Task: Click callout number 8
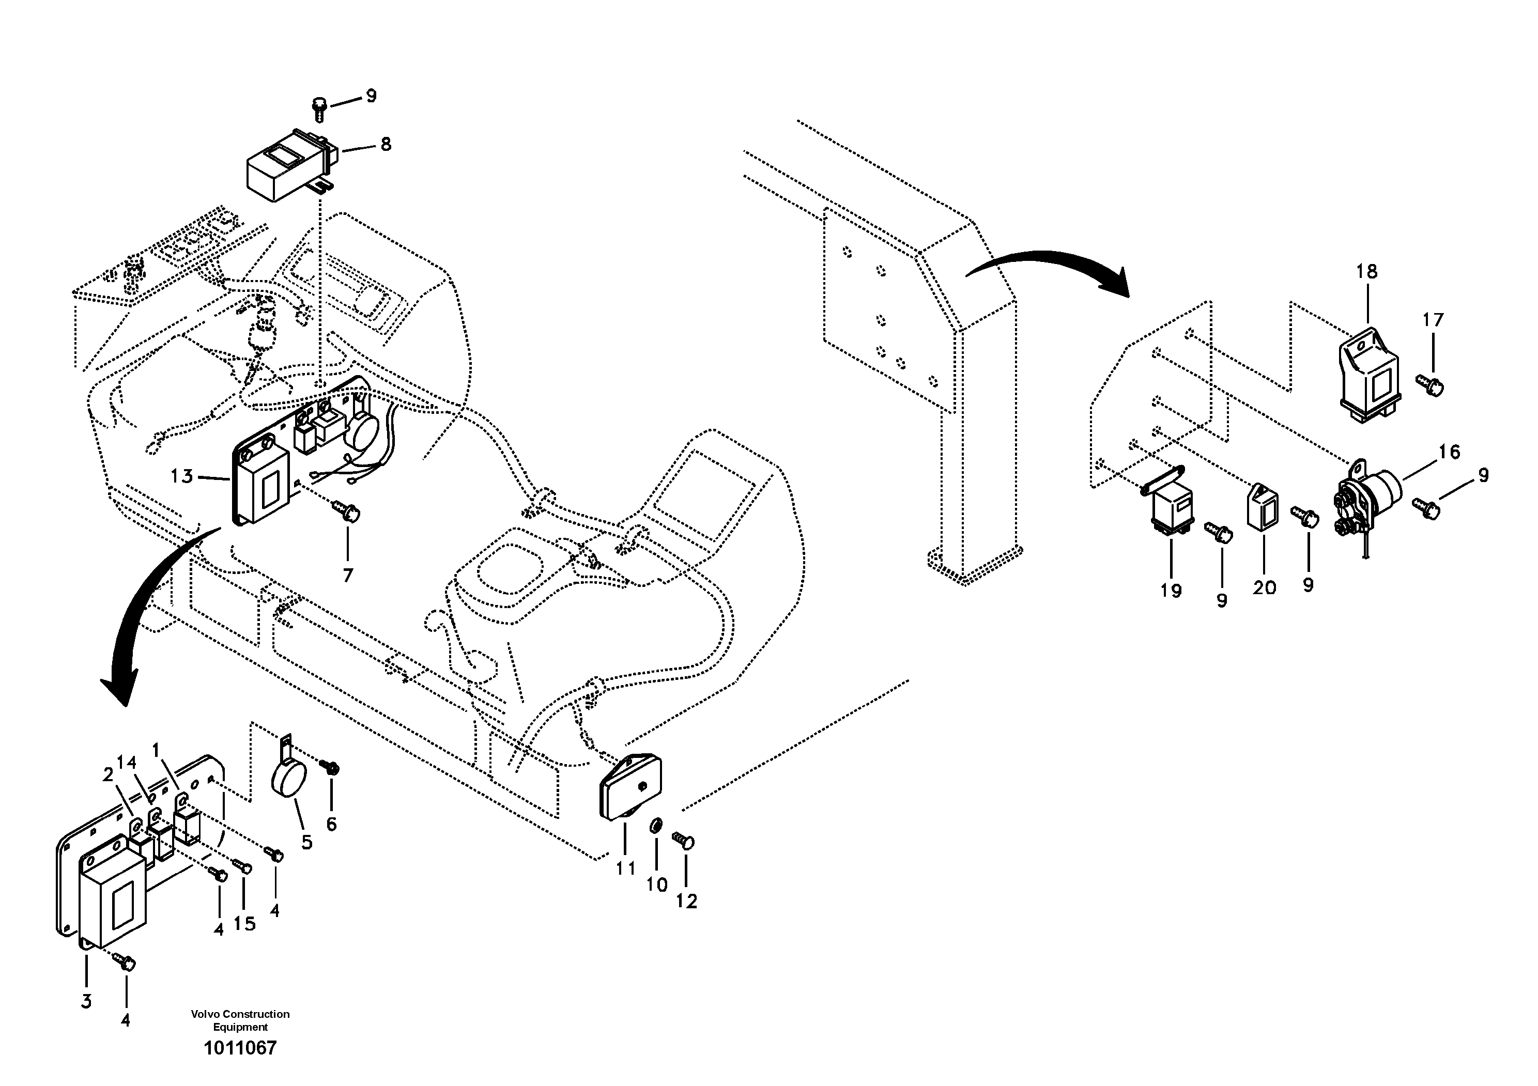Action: click(386, 144)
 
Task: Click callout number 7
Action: click(348, 575)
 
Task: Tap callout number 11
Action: click(626, 868)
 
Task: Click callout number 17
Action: click(1434, 320)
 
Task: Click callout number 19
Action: click(1172, 591)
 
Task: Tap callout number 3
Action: click(86, 1002)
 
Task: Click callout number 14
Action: click(127, 763)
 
